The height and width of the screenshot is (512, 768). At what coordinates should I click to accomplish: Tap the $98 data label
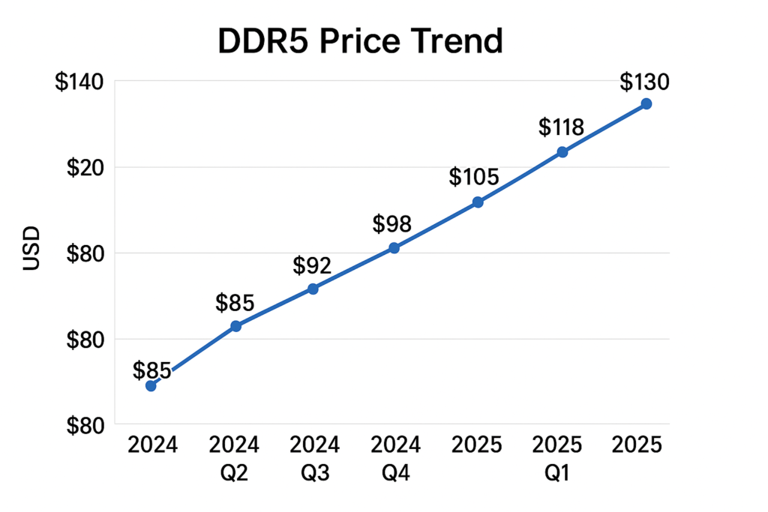pos(392,224)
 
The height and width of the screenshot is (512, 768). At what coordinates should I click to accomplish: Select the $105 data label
pos(474,178)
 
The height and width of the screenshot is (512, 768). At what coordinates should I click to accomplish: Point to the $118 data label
pos(561,127)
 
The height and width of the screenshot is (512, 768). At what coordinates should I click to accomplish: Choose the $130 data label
pos(644,81)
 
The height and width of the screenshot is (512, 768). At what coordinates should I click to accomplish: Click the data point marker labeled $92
pos(313,289)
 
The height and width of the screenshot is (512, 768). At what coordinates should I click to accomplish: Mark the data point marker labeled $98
pos(394,247)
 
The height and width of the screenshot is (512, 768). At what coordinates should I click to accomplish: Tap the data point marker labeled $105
pos(478,202)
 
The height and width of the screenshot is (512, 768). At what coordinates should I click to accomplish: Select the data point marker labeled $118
pos(562,151)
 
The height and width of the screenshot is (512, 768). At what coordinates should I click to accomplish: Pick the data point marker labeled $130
pos(646,103)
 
